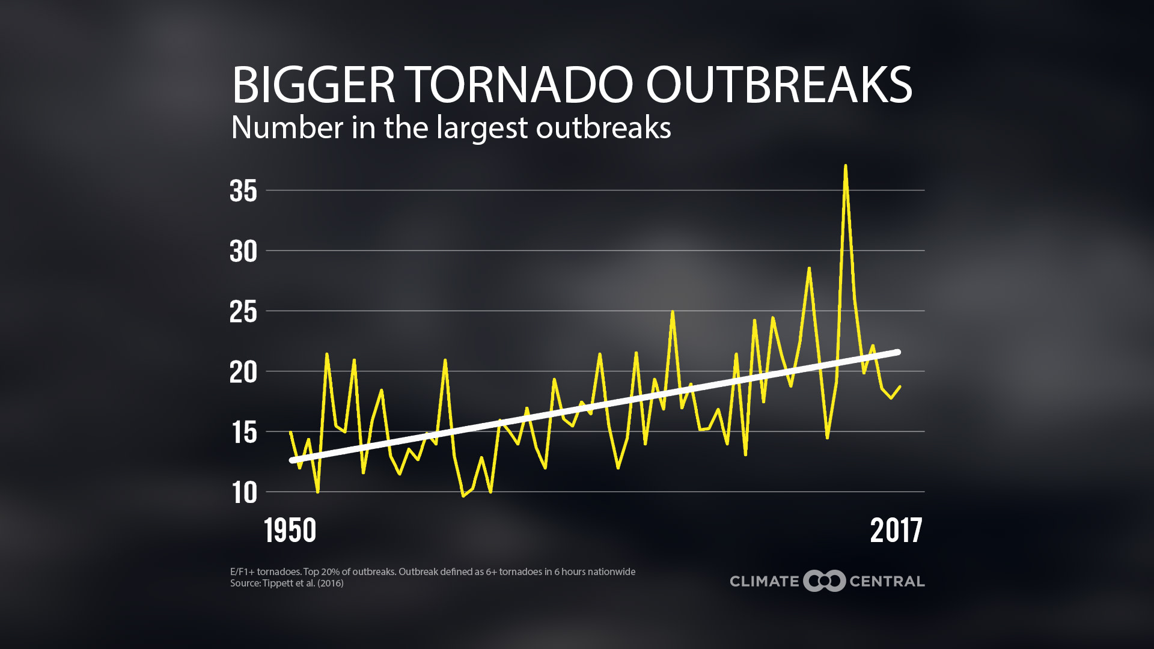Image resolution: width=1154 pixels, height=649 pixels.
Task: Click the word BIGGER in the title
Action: [313, 85]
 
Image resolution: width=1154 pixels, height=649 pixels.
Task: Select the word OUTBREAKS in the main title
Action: [779, 85]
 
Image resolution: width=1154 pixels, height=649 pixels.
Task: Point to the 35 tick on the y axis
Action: [243, 191]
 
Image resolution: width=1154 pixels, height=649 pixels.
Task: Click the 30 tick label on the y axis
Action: [243, 251]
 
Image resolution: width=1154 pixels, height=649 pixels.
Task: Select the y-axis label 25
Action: [243, 312]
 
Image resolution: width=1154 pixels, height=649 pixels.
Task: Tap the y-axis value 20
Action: [243, 373]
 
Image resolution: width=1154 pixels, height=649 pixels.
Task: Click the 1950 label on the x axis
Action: [290, 531]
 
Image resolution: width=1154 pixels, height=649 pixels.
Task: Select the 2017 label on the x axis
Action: [896, 531]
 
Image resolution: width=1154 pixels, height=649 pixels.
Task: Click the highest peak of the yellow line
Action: [845, 166]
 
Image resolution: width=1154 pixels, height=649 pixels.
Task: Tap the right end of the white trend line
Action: [898, 352]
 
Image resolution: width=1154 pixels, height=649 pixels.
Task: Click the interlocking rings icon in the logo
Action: [824, 581]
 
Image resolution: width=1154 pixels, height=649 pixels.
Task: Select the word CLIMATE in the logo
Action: [764, 581]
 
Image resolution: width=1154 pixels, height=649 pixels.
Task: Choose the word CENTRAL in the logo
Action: [887, 581]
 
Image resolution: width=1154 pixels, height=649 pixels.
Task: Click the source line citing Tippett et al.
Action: [287, 583]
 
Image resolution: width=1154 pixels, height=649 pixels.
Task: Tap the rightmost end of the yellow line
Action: [900, 386]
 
